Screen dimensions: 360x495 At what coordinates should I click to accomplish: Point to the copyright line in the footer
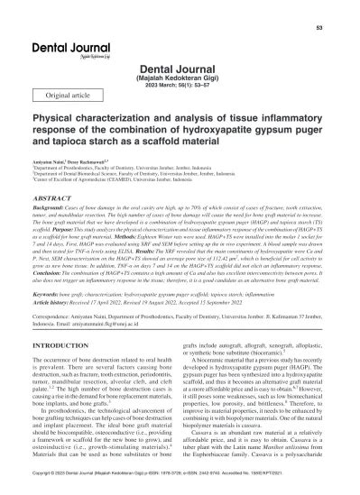[x=180, y=486]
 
